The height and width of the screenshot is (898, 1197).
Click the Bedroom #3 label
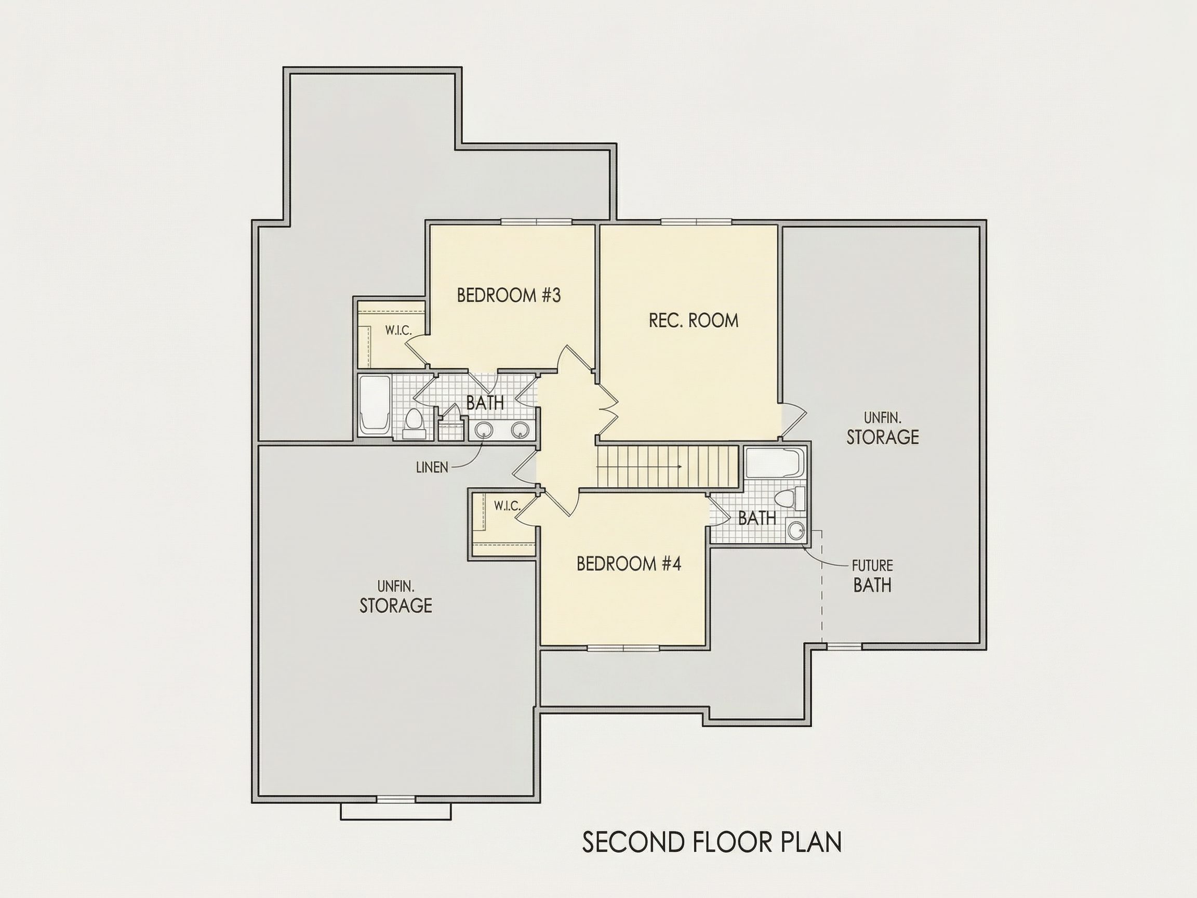[x=509, y=296]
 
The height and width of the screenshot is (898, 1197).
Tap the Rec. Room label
[x=693, y=321]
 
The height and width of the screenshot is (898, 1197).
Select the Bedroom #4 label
[x=629, y=564]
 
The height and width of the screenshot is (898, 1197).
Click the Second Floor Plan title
[x=712, y=842]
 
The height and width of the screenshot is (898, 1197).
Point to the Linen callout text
[x=432, y=468]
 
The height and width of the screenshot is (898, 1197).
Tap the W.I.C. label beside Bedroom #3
[x=398, y=330]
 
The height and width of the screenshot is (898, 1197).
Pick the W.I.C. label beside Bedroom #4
[x=507, y=506]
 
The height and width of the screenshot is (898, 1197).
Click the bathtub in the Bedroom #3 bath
[x=375, y=406]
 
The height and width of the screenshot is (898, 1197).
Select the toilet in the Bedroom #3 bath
[x=414, y=424]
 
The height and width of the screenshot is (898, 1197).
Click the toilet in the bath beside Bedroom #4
[x=791, y=498]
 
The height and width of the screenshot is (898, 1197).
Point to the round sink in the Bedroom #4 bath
[x=795, y=531]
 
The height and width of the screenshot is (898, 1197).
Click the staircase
[x=667, y=467]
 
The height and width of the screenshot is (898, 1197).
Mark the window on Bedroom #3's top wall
[x=536, y=221]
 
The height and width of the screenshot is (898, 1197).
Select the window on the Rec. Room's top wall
[x=696, y=221]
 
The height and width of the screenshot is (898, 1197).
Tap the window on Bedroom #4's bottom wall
[x=623, y=648]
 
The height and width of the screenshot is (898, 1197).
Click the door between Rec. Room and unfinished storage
[x=793, y=420]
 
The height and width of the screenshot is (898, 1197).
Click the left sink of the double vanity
[x=483, y=430]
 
